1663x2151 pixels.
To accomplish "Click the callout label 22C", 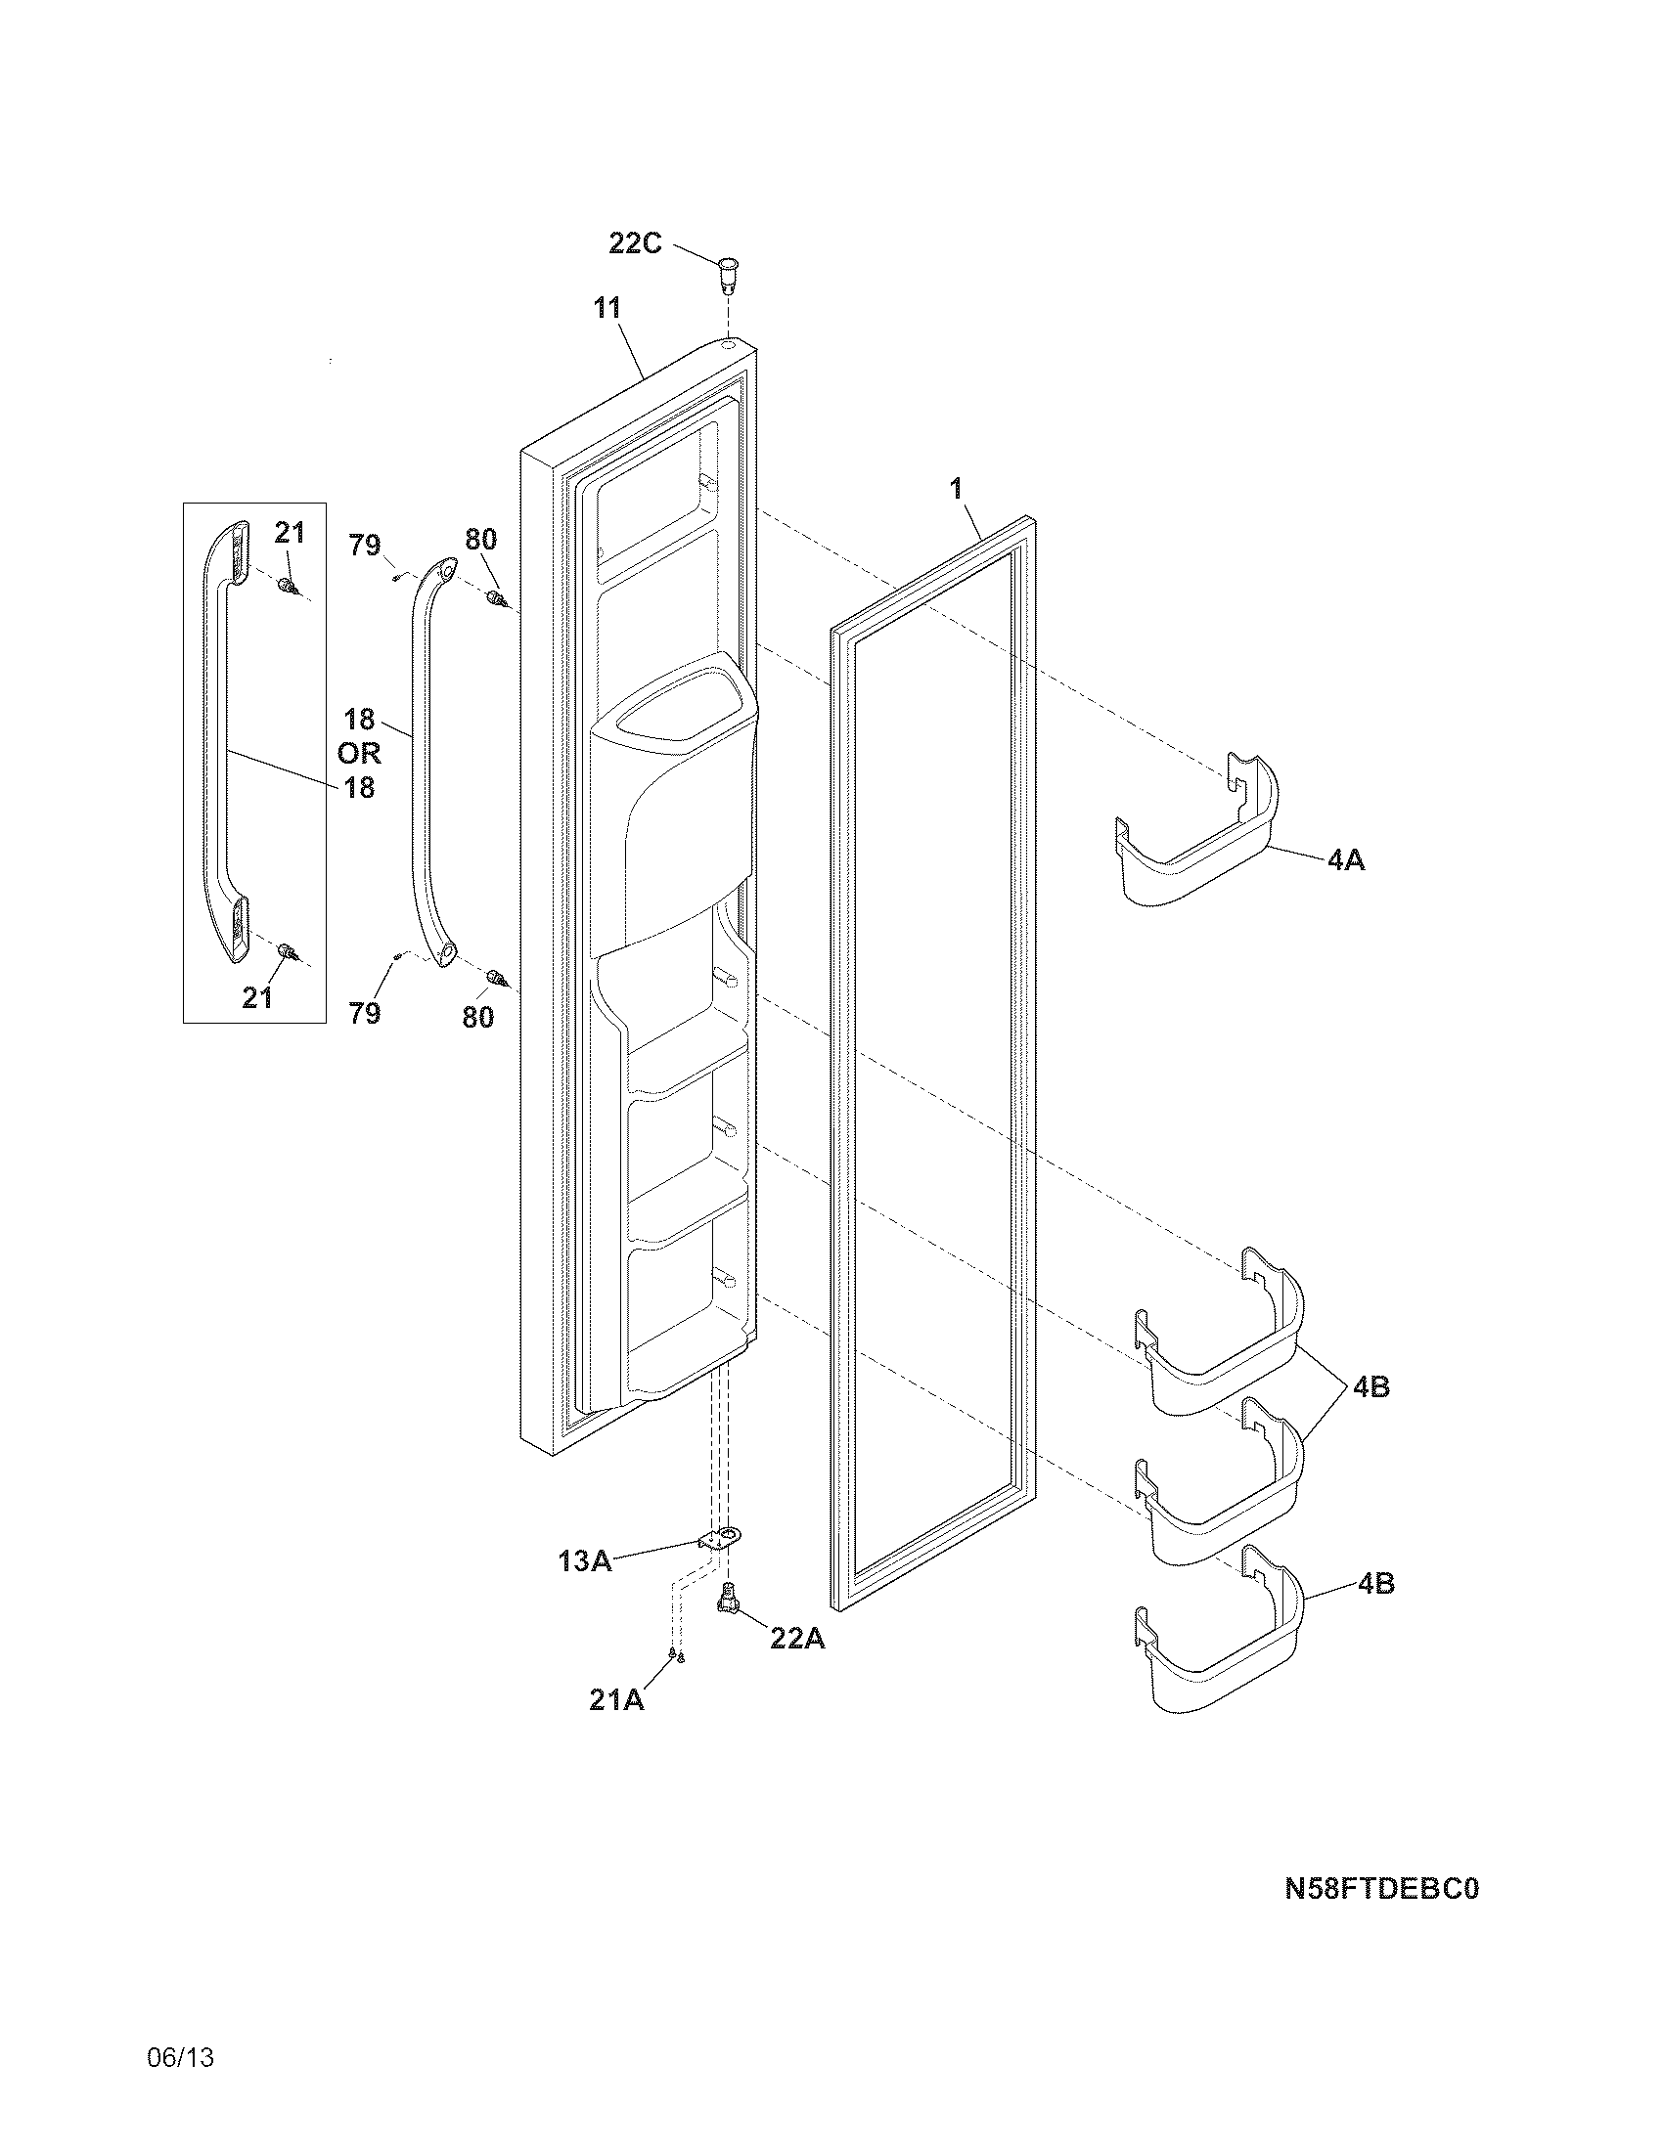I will (635, 242).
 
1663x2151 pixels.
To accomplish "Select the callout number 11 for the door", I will (607, 308).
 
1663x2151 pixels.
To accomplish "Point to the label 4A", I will (1346, 859).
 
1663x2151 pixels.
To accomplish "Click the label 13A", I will (585, 1560).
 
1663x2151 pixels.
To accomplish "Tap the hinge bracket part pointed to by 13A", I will (721, 1538).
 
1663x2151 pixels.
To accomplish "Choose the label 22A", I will (797, 1639).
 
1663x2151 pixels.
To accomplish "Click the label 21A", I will (615, 1700).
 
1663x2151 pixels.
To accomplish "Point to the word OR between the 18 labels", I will (359, 754).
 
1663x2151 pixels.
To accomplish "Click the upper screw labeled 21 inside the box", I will (288, 588).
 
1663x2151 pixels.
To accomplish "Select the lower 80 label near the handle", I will (477, 1017).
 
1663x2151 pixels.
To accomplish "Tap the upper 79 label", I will (366, 545).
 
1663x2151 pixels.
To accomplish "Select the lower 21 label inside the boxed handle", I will (257, 997).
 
